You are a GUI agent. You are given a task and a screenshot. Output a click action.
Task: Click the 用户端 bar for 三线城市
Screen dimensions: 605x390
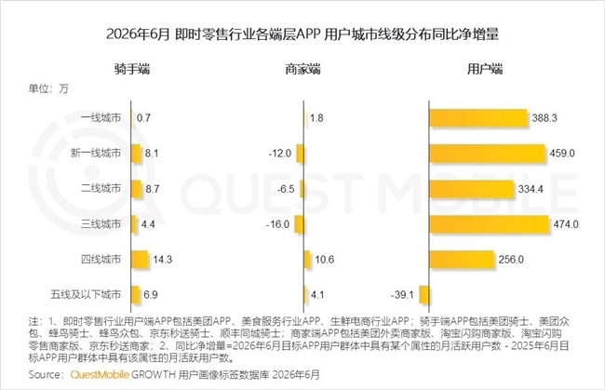[489, 224]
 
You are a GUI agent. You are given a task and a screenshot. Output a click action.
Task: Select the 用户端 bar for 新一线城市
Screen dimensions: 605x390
[487, 154]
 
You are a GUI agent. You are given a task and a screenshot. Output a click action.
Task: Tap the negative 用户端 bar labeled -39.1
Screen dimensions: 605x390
[424, 295]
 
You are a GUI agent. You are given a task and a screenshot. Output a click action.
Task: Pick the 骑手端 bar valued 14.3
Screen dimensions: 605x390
[140, 260]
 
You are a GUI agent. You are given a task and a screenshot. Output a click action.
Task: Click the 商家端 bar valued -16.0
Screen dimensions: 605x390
[299, 224]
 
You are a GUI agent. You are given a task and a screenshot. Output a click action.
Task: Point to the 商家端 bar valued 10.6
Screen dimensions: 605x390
[307, 260]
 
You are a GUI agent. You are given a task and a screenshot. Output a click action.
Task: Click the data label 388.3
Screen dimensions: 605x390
[544, 118]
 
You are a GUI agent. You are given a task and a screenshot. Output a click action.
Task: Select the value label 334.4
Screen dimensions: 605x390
[531, 189]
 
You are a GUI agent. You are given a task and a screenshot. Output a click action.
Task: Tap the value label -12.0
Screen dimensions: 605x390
[280, 154]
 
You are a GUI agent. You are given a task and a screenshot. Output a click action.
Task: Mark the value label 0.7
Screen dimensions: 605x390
[143, 118]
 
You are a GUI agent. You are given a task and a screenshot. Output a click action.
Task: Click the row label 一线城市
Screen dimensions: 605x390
[101, 117]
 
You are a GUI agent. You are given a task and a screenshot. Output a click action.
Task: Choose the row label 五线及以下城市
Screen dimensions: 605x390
[86, 294]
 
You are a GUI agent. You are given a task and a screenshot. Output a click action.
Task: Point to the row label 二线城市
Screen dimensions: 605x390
[101, 188]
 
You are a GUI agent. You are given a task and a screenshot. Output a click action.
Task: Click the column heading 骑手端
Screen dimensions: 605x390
[132, 69]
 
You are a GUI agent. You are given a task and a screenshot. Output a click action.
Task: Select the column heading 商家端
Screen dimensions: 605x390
[302, 69]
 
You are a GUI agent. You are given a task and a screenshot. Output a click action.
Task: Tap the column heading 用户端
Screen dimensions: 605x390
[485, 69]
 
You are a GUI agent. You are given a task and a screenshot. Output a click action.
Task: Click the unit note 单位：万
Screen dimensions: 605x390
[48, 88]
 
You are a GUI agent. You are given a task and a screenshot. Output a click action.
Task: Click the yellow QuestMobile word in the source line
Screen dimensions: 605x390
[100, 374]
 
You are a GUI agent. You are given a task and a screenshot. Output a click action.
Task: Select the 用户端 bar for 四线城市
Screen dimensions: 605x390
[462, 260]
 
